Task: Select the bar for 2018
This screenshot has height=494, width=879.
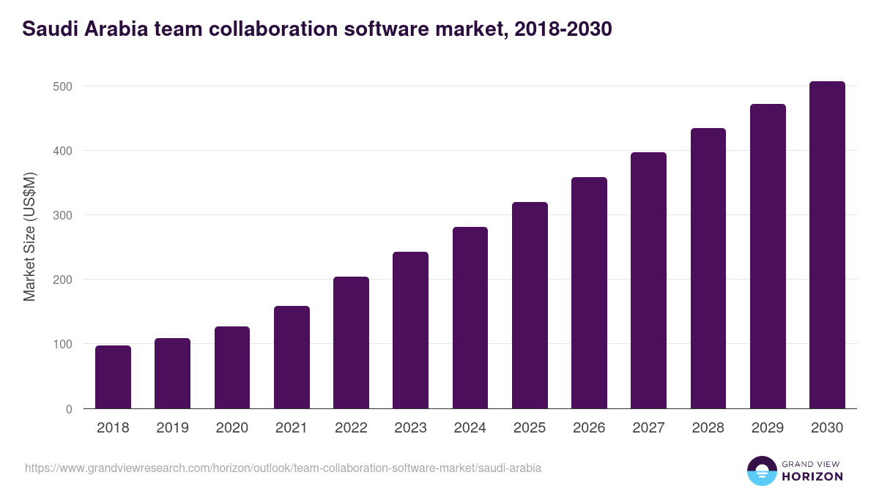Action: click(113, 377)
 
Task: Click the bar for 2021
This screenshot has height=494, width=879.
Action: click(292, 357)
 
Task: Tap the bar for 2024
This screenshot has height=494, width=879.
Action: click(470, 318)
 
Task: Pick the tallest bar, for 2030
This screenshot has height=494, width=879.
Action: click(827, 245)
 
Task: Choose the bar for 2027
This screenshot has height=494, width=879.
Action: click(648, 280)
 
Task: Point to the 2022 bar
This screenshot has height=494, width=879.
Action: click(351, 343)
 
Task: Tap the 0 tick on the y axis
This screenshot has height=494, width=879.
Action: click(69, 408)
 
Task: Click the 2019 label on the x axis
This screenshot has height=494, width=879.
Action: click(172, 428)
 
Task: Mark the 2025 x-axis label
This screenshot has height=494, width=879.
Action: click(530, 428)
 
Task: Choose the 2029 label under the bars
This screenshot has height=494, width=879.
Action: click(768, 428)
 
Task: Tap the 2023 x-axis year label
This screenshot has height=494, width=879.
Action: click(410, 428)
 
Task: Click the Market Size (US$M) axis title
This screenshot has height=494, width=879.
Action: click(30, 237)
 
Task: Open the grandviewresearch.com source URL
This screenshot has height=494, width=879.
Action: click(283, 468)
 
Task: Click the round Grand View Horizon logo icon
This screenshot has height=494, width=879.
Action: click(761, 471)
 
